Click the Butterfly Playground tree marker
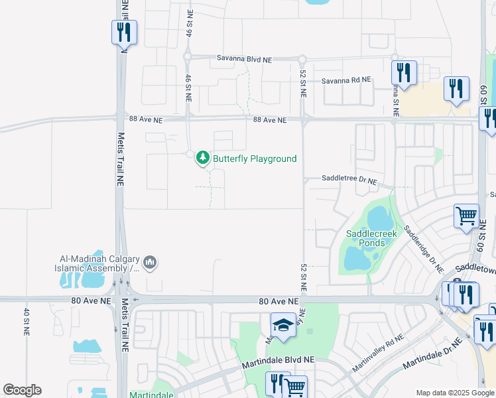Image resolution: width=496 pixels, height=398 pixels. [203, 159]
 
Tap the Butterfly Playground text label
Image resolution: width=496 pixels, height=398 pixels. [255, 159]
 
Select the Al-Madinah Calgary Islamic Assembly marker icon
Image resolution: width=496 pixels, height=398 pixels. [151, 263]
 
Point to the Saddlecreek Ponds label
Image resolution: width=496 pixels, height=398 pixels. [365, 238]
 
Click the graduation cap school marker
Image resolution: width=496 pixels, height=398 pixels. [283, 326]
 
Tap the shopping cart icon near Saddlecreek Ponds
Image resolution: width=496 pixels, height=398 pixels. [466, 216]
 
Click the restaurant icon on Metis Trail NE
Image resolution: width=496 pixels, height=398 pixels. [124, 31]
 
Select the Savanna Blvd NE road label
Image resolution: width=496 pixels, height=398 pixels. [245, 59]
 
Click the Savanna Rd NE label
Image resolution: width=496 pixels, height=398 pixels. [346, 80]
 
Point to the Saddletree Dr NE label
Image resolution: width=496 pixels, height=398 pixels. [349, 179]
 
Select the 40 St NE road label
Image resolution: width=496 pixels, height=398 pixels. [27, 321]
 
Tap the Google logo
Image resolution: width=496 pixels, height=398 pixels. [23, 390]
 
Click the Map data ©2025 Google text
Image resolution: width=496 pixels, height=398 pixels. [455, 393]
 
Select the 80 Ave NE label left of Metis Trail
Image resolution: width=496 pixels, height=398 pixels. [92, 301]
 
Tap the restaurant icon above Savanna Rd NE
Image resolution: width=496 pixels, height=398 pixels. [403, 71]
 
